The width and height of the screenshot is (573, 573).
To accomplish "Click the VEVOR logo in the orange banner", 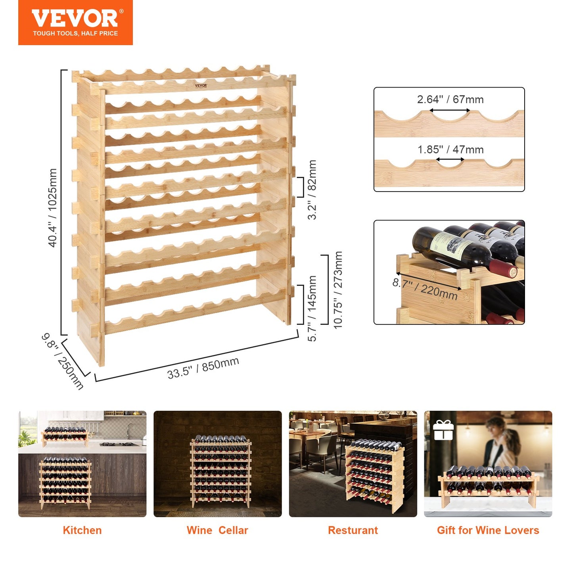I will [x=75, y=19].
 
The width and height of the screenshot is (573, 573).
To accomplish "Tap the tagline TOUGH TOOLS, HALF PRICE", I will [x=75, y=33].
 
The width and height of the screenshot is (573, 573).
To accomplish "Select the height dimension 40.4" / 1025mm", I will [x=52, y=208].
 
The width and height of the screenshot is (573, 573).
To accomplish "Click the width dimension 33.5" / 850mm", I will [x=203, y=368].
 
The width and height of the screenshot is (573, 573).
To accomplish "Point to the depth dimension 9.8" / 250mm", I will [x=63, y=361].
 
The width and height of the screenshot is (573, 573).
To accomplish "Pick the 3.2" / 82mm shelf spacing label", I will [x=312, y=190].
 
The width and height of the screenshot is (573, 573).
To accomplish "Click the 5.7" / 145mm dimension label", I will [x=312, y=308].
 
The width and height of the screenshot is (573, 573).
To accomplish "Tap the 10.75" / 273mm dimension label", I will [x=338, y=290].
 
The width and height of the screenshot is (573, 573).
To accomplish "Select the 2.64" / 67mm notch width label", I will [x=450, y=99].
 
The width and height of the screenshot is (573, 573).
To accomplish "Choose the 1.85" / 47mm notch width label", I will [x=450, y=149].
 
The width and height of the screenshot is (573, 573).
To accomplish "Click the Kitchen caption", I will [x=82, y=530].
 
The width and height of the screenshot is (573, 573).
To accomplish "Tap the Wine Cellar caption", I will [x=217, y=530].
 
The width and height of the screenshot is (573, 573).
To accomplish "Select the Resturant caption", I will [x=353, y=530].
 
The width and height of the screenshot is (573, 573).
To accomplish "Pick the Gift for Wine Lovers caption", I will [x=488, y=530].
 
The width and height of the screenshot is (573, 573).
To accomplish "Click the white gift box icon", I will [x=443, y=430].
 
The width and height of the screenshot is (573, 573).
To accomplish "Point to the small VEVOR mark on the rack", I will [x=201, y=85].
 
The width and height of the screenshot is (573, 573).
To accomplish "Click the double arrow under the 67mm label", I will [x=450, y=111].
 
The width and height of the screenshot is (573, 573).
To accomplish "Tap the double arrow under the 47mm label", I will [x=450, y=159].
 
